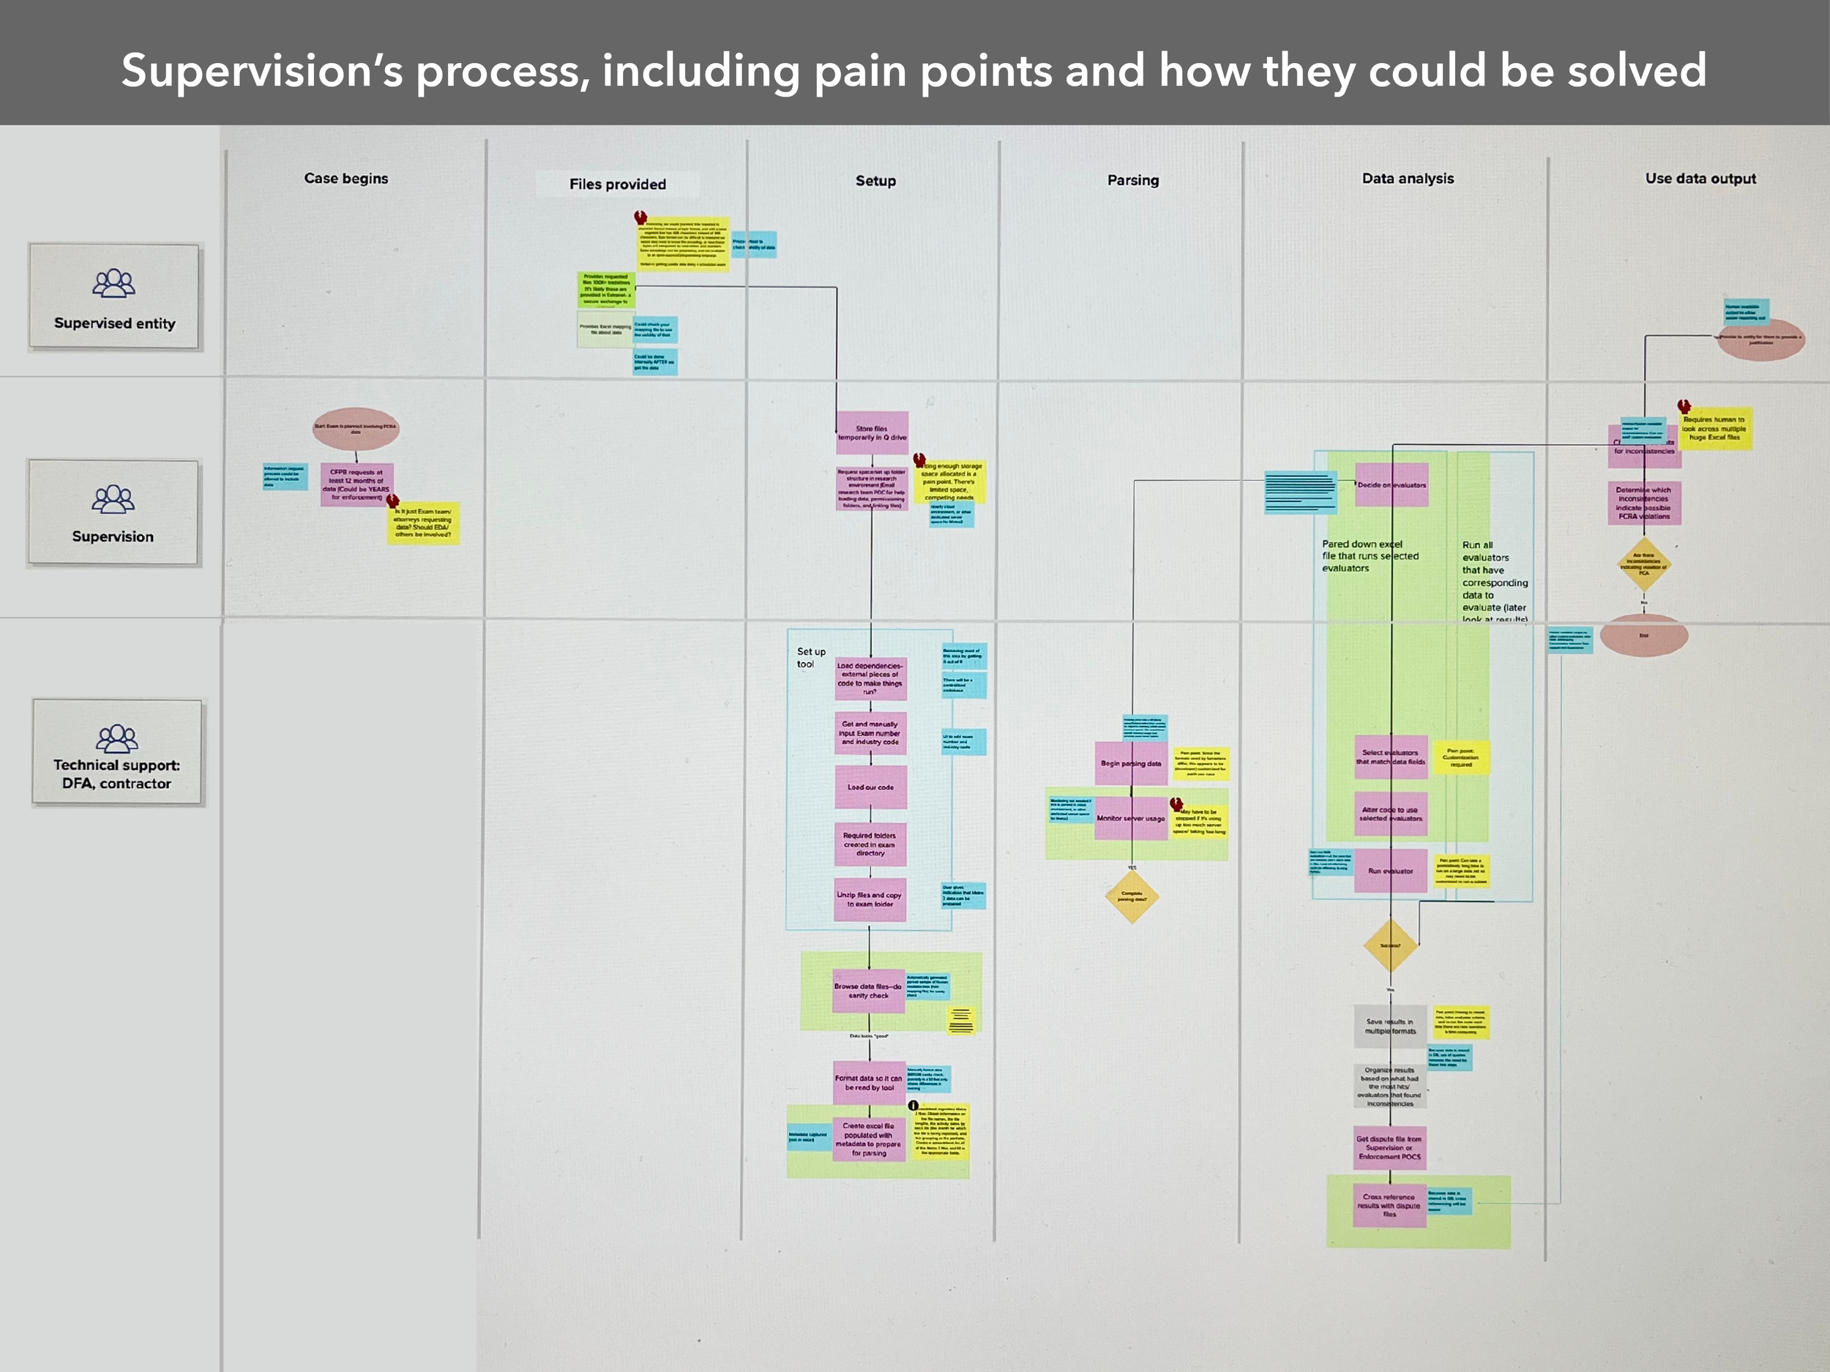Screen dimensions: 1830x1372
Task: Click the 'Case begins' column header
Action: pyautogui.click(x=346, y=179)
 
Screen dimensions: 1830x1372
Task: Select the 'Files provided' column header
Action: pyautogui.click(x=617, y=184)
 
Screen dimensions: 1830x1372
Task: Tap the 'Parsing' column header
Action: pyautogui.click(x=1132, y=180)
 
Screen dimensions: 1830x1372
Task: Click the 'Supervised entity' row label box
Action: pyautogui.click(x=114, y=296)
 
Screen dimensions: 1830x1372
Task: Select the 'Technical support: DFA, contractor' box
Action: pyautogui.click(x=116, y=752)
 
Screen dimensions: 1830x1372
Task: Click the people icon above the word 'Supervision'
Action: pyautogui.click(x=113, y=500)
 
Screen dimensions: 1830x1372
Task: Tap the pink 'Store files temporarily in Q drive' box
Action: pyautogui.click(x=872, y=432)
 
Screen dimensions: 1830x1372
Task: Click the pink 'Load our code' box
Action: pyautogui.click(x=870, y=787)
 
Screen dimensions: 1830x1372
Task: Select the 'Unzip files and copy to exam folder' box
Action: pyautogui.click(x=869, y=899)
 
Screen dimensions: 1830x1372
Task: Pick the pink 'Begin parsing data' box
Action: pyautogui.click(x=1131, y=763)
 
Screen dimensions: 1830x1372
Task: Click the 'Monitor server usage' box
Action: pyautogui.click(x=1131, y=818)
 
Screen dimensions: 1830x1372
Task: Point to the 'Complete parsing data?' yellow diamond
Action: pyautogui.click(x=1131, y=896)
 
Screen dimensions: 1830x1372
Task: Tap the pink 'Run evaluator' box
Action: pyautogui.click(x=1391, y=871)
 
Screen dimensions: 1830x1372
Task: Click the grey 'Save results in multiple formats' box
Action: pyautogui.click(x=1390, y=1027)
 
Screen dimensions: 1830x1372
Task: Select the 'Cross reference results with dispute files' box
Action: pyautogui.click(x=1389, y=1205)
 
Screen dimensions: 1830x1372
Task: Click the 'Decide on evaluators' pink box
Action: pyautogui.click(x=1392, y=485)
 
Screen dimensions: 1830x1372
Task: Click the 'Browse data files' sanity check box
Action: pyautogui.click(x=868, y=991)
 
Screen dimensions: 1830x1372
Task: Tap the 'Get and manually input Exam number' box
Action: pyautogui.click(x=870, y=732)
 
